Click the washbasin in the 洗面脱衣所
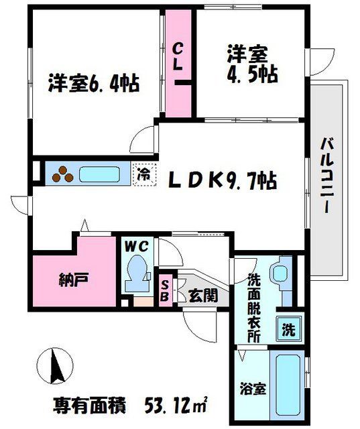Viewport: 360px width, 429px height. [277, 273]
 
